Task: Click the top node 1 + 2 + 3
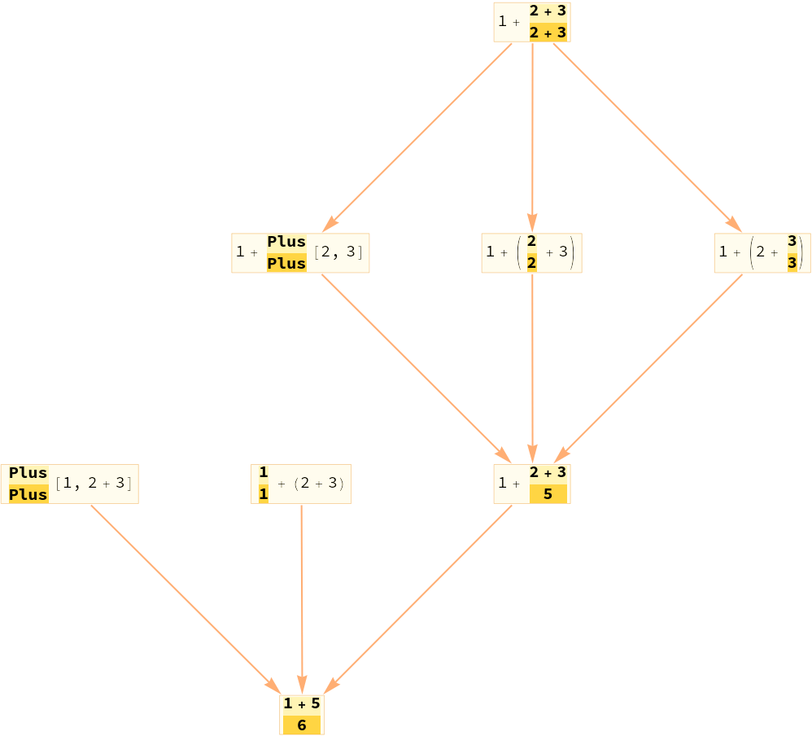pyautogui.click(x=531, y=22)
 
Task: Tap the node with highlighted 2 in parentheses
pyautogui.click(x=531, y=252)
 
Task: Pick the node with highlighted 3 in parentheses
pyautogui.click(x=762, y=252)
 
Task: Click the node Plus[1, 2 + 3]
pyautogui.click(x=70, y=484)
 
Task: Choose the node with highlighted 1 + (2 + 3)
pyautogui.click(x=301, y=484)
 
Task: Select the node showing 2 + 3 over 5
pyautogui.click(x=531, y=484)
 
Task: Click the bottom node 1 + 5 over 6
pyautogui.click(x=302, y=714)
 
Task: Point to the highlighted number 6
pyautogui.click(x=302, y=725)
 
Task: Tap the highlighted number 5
pyautogui.click(x=548, y=494)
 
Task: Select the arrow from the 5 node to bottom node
pyautogui.click(x=423, y=594)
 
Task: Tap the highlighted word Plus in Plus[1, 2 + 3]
pyautogui.click(x=28, y=494)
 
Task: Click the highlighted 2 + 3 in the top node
pyautogui.click(x=548, y=33)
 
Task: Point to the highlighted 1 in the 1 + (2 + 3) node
pyautogui.click(x=264, y=494)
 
